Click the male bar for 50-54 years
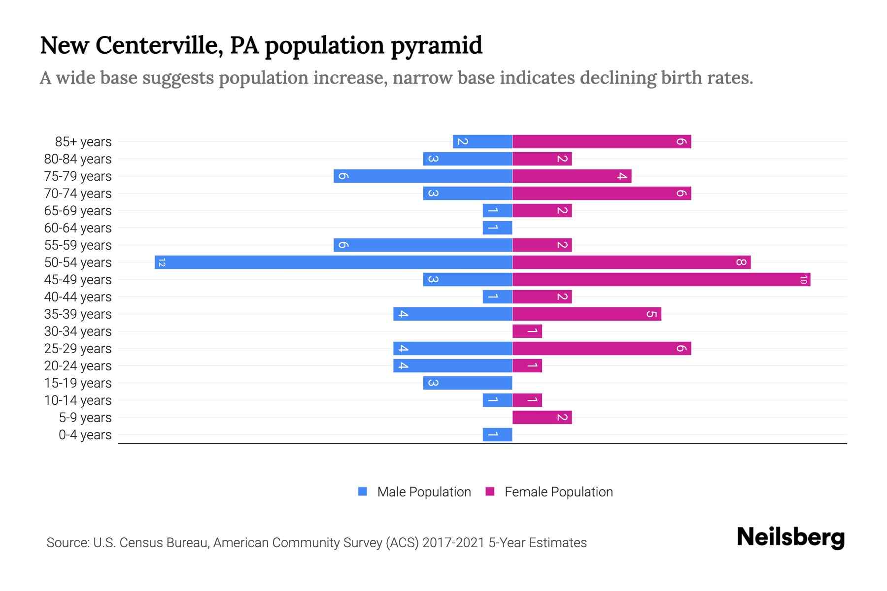(334, 263)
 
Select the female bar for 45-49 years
(661, 280)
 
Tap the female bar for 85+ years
(602, 142)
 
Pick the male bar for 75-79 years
(423, 176)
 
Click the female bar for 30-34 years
(527, 331)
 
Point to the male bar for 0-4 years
(497, 435)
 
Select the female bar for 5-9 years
(542, 418)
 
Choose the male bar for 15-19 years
(468, 383)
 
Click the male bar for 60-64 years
(497, 228)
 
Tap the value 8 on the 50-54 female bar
(741, 263)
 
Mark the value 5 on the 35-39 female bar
(651, 314)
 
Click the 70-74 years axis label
(78, 194)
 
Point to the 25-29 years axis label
(78, 349)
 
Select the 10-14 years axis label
(78, 400)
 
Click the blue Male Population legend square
(363, 492)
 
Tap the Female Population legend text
(558, 492)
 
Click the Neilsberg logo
(790, 537)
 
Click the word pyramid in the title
(437, 46)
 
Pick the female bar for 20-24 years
(527, 366)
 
